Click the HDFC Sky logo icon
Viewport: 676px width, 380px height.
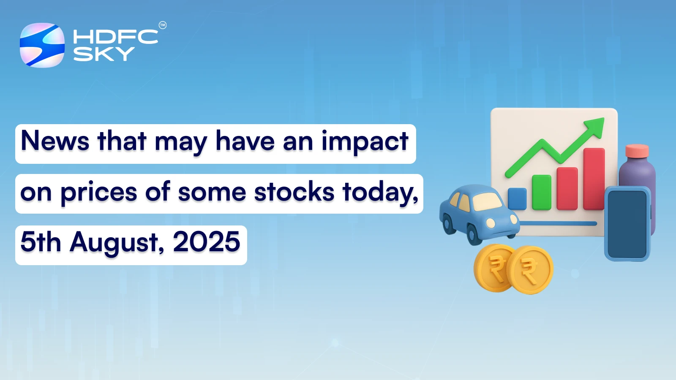pos(42,45)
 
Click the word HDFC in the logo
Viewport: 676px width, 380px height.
pos(115,37)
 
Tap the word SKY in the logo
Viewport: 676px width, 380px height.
pos(104,54)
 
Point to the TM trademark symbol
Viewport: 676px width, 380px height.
pos(163,25)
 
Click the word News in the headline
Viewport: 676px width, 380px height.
pos(55,141)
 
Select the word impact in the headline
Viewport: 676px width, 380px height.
pos(365,142)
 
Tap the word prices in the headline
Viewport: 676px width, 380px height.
pos(99,193)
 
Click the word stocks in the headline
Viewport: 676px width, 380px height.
pos(294,192)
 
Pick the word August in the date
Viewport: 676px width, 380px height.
pos(117,243)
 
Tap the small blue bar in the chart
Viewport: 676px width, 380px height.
pos(517,198)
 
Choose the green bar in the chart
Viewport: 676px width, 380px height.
pos(541,192)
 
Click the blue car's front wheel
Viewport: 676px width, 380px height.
pos(474,235)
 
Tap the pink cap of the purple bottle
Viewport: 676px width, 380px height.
pos(637,151)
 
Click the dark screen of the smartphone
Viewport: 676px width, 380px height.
pos(627,224)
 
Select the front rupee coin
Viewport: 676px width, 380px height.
pos(529,270)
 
